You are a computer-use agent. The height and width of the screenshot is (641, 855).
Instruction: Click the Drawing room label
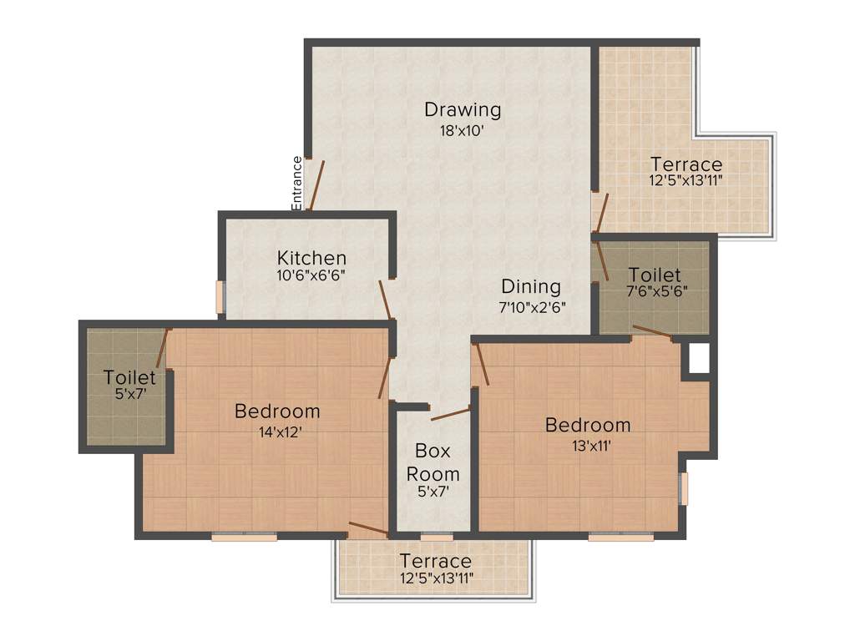click(463, 109)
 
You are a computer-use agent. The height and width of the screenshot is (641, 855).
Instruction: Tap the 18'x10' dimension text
click(463, 130)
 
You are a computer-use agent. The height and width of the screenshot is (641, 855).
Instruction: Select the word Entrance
click(296, 182)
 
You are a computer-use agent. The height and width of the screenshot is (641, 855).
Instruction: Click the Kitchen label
click(312, 258)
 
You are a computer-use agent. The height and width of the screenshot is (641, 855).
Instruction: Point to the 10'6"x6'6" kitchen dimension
click(312, 275)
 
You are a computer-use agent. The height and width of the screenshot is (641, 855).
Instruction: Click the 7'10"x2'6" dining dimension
click(533, 306)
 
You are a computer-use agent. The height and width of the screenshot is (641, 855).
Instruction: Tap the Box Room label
click(433, 462)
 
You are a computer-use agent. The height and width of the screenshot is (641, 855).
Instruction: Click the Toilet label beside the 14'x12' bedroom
click(129, 377)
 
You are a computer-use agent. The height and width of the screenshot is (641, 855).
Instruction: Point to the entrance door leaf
click(314, 184)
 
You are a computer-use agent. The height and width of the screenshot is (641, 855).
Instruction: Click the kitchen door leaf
click(385, 300)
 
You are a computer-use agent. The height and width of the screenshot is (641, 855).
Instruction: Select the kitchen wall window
click(220, 297)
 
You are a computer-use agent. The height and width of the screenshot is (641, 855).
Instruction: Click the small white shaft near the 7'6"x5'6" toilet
click(698, 358)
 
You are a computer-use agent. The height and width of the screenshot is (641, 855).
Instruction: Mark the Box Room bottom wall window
click(437, 535)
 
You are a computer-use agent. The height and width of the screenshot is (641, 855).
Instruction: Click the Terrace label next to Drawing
click(686, 164)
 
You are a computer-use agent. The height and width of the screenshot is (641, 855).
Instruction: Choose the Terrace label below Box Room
click(435, 561)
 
